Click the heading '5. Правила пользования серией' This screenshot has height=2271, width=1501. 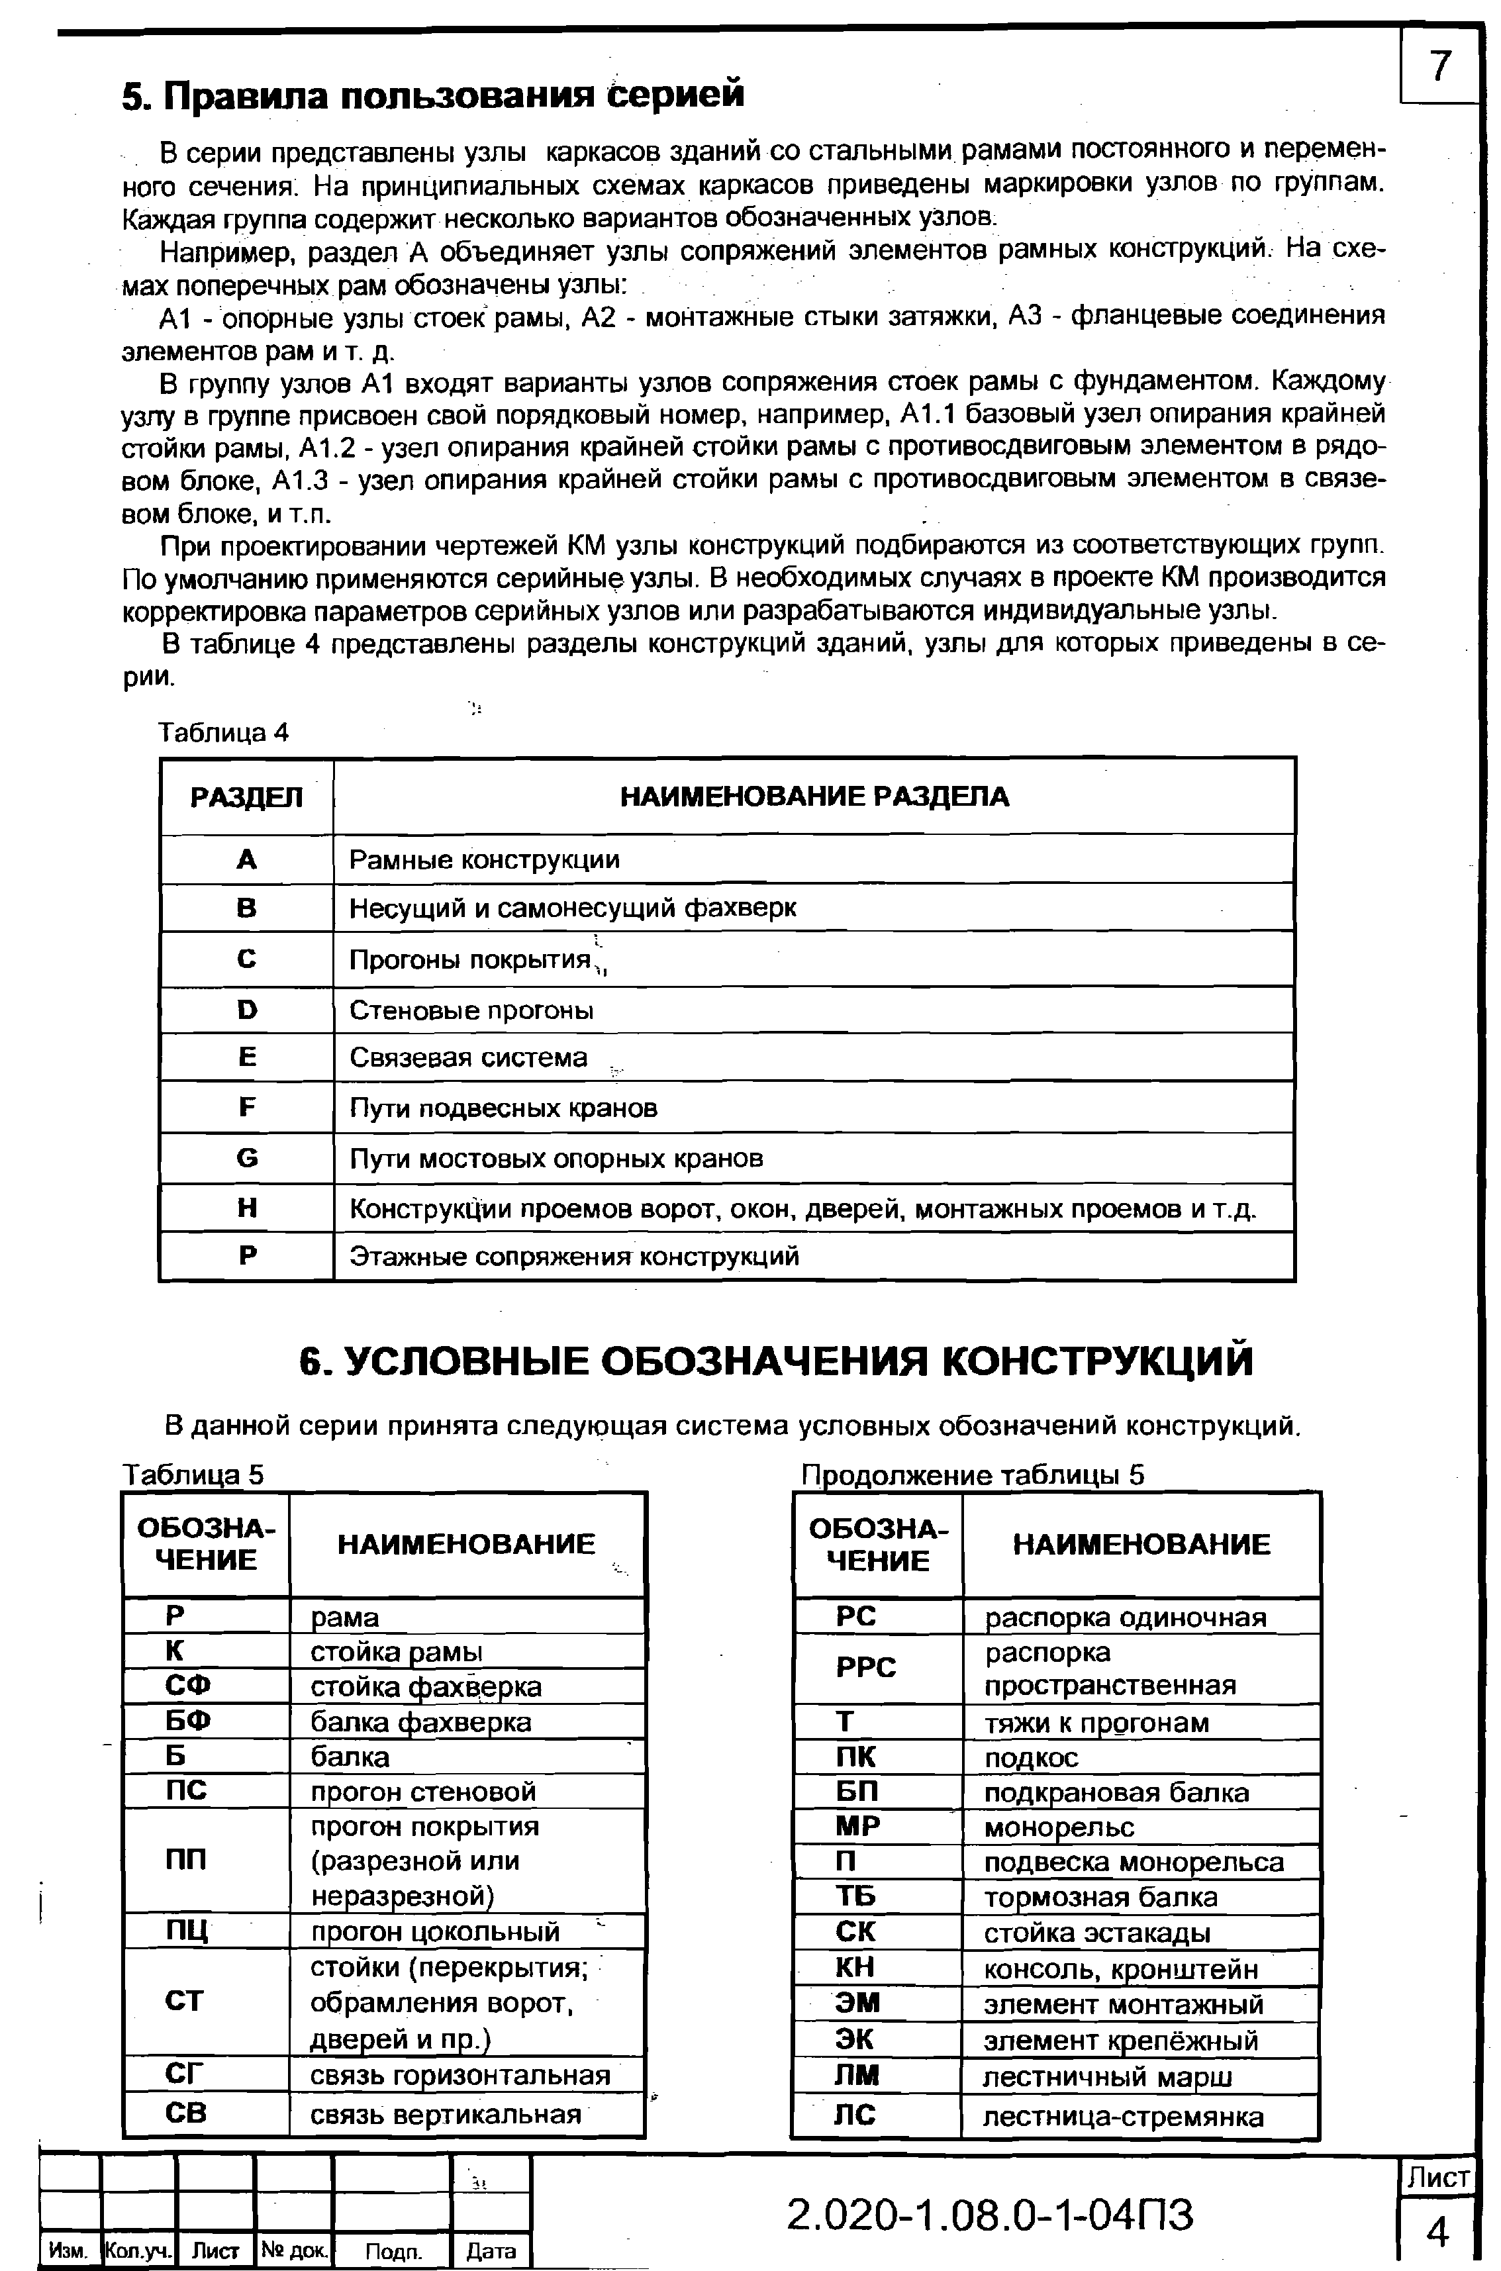click(432, 95)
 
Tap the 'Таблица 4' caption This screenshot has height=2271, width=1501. click(222, 732)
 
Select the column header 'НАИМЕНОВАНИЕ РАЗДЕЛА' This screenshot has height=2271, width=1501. click(814, 797)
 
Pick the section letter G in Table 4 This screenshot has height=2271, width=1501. click(247, 1158)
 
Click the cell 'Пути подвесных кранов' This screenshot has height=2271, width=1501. click(503, 1108)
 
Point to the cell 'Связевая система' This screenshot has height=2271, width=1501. click(468, 1057)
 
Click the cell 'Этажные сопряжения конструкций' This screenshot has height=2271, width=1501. click(573, 1255)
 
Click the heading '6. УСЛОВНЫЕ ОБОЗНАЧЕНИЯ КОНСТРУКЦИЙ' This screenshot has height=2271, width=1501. click(775, 1361)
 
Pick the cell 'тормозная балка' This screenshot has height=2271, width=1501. click(1101, 1897)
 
